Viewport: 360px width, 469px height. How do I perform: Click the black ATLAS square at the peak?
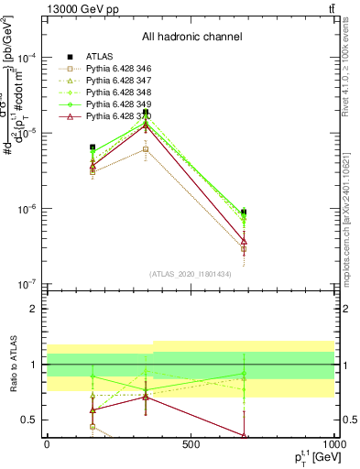146,113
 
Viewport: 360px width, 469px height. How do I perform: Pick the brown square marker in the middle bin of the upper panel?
146,148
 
